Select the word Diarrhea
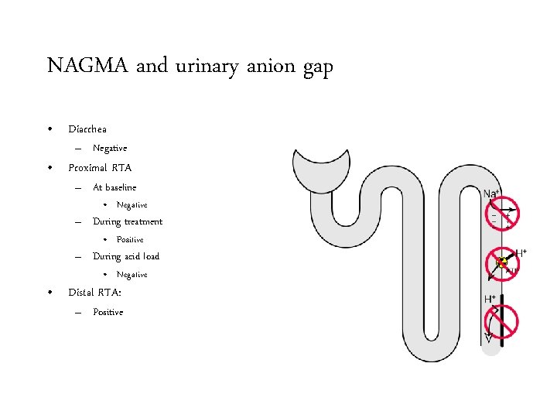coord(87,129)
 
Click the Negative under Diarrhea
coord(110,148)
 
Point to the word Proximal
coord(87,167)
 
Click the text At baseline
coord(114,187)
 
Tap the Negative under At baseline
coord(132,205)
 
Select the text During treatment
coord(128,221)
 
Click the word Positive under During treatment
coord(130,240)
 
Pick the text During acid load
coord(126,256)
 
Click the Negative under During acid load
coord(132,275)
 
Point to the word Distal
coord(82,293)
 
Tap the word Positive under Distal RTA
coord(108,312)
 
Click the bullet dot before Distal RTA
coord(50,293)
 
